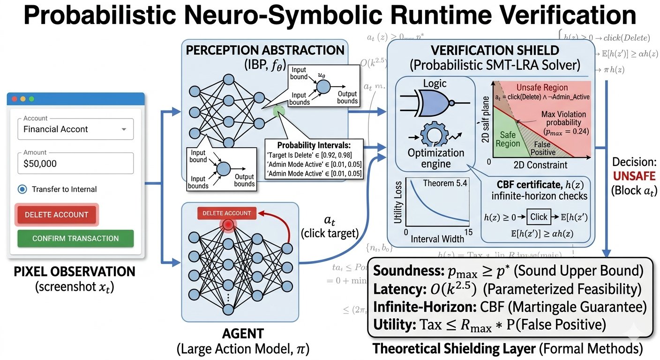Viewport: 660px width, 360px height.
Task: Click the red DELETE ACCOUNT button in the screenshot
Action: click(56, 215)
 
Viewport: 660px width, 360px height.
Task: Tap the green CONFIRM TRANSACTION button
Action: click(75, 238)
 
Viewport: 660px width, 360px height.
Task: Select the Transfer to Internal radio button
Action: click(22, 189)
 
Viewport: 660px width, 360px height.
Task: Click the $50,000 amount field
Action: click(75, 163)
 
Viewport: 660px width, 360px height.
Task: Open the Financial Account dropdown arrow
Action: click(124, 129)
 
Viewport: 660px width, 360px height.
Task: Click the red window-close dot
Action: click(14, 99)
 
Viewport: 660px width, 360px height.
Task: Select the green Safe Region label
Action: click(508, 139)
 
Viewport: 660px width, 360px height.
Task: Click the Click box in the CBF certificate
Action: click(539, 217)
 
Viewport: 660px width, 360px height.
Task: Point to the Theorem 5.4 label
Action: click(445, 183)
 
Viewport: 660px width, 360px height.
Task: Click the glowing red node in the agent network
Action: click(228, 225)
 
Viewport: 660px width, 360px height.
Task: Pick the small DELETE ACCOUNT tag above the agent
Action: click(227, 213)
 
